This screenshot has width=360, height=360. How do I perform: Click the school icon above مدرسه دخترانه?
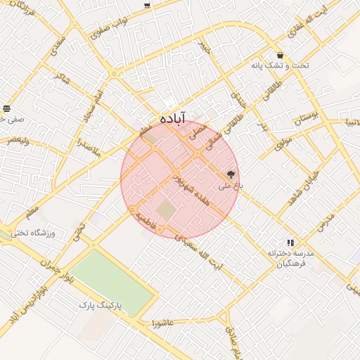(290, 243)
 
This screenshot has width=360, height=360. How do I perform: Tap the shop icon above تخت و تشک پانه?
(281, 55)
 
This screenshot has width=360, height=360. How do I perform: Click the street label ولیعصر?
(19, 139)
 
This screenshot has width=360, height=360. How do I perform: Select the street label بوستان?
(307, 116)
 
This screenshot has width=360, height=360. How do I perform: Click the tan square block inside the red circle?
(165, 210)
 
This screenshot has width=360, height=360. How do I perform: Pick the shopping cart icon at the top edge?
(147, 6)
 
